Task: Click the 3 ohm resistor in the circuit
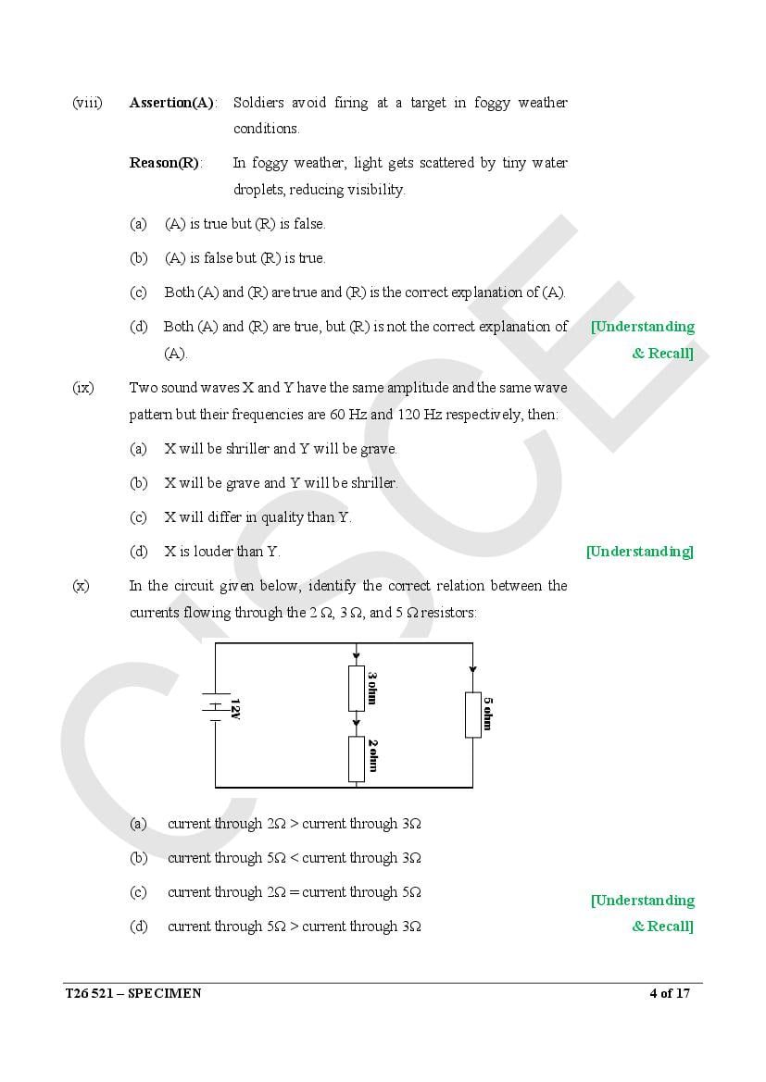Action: coord(357,688)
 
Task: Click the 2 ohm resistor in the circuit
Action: coord(357,759)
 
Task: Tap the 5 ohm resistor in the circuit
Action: coord(473,715)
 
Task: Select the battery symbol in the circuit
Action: coord(216,707)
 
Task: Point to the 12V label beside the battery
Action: coord(235,709)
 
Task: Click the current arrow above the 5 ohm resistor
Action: coord(473,668)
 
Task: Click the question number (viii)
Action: coord(87,103)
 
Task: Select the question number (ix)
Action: coord(83,388)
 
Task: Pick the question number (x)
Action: coord(82,586)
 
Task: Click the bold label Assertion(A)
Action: coord(172,103)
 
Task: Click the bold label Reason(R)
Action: coord(165,163)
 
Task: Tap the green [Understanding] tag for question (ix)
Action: coord(639,552)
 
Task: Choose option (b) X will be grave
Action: coord(281,483)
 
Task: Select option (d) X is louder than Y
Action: coord(221,552)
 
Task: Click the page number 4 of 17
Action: coord(670,994)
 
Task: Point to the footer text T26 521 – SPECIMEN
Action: coord(132,994)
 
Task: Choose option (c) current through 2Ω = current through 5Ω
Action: coord(294,892)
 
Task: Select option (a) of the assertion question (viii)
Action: coord(245,224)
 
